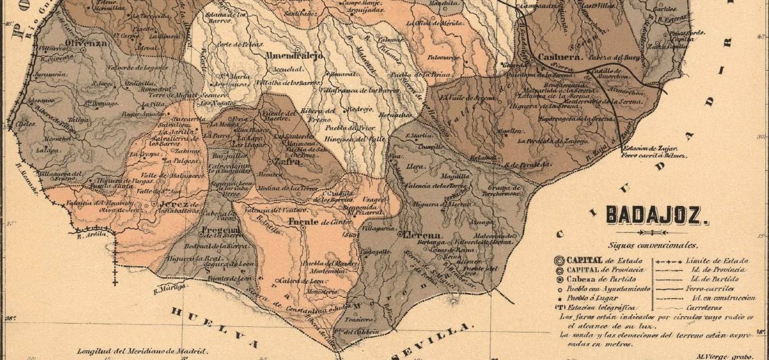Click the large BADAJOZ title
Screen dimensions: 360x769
click(x=657, y=216)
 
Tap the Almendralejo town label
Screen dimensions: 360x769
click(x=294, y=56)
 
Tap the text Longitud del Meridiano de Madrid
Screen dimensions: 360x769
click(x=142, y=351)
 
